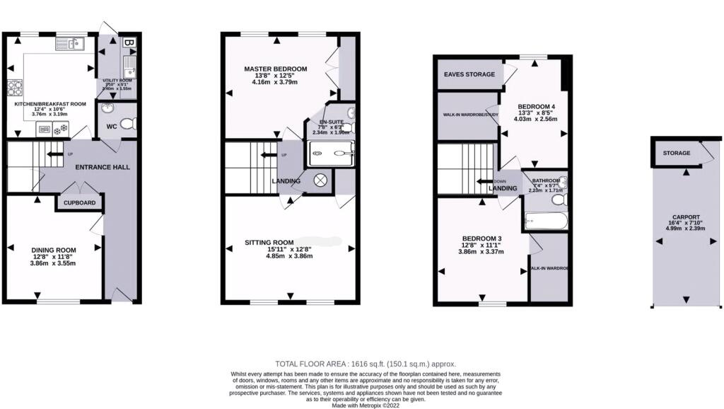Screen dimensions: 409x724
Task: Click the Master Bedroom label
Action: pyautogui.click(x=276, y=69)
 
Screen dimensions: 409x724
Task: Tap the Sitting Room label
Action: pyautogui.click(x=269, y=242)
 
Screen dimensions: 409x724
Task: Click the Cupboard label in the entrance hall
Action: pyautogui.click(x=80, y=202)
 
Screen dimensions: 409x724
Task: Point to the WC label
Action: pyautogui.click(x=112, y=127)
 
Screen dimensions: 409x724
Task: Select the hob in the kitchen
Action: pyautogui.click(x=15, y=88)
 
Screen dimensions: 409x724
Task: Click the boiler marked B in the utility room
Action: pyautogui.click(x=129, y=42)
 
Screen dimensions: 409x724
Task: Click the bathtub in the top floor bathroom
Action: pyautogui.click(x=546, y=222)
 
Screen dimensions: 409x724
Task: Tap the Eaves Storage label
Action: pyautogui.click(x=469, y=74)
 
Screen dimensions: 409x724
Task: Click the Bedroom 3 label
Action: pyautogui.click(x=482, y=238)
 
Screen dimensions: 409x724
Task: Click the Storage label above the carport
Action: pyautogui.click(x=676, y=153)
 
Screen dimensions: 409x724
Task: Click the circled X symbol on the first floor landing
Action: pyautogui.click(x=320, y=180)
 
